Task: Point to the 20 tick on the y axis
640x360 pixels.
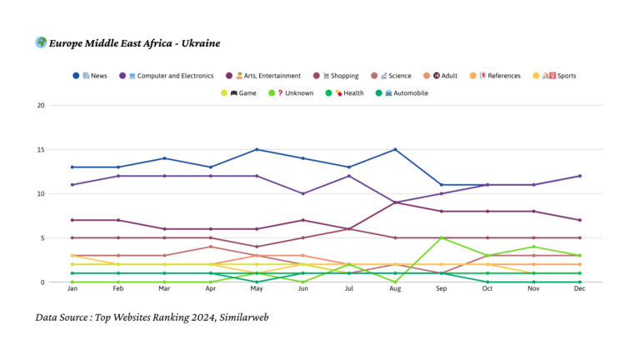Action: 41,106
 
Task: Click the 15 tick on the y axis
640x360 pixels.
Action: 41,150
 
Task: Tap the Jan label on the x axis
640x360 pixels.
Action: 73,289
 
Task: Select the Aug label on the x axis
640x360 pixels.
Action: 394,289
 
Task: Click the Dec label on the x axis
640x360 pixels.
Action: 579,289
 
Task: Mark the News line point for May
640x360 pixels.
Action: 257,150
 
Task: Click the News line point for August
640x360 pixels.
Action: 394,150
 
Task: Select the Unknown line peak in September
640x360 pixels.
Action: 441,238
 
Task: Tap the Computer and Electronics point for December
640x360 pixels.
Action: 579,176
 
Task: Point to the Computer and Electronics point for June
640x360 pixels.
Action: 302,194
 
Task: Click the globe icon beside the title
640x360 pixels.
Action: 40,42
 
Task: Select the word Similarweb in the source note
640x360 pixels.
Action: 242,317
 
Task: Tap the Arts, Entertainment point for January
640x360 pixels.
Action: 73,220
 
